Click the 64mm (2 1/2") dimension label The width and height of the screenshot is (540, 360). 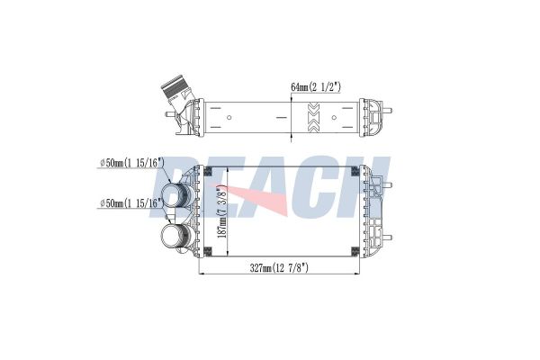(x=316, y=86)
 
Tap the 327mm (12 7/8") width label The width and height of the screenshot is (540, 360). (x=279, y=267)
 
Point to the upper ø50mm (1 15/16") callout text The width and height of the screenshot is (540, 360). (x=131, y=163)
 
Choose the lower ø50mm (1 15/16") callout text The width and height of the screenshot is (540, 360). (x=131, y=203)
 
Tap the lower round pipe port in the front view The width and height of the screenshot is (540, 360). (x=175, y=236)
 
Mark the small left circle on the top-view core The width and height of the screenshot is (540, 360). (x=229, y=118)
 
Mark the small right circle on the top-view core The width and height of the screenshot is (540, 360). (x=334, y=118)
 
